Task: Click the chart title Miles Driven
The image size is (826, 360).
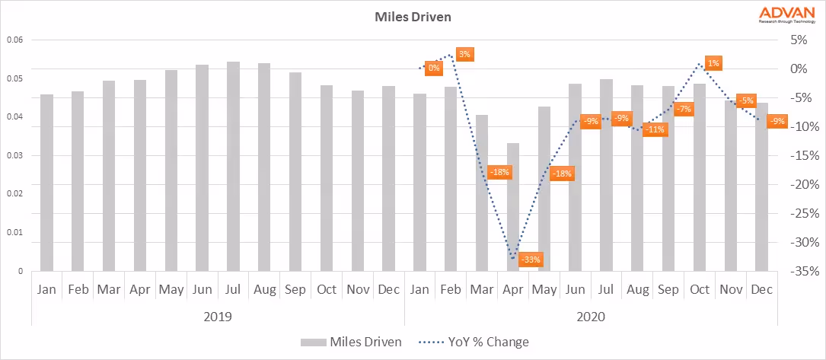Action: point(412,15)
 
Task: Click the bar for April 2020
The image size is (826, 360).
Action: point(513,206)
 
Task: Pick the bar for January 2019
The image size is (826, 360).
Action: point(46,183)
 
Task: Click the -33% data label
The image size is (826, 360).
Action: point(532,260)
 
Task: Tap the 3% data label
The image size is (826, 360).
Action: point(464,55)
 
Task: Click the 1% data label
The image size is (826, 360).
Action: point(713,63)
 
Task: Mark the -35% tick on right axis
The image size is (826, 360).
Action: point(804,271)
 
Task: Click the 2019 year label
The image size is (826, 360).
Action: point(217,315)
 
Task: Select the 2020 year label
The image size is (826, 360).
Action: point(590,315)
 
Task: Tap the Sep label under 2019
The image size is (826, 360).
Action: point(295,290)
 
